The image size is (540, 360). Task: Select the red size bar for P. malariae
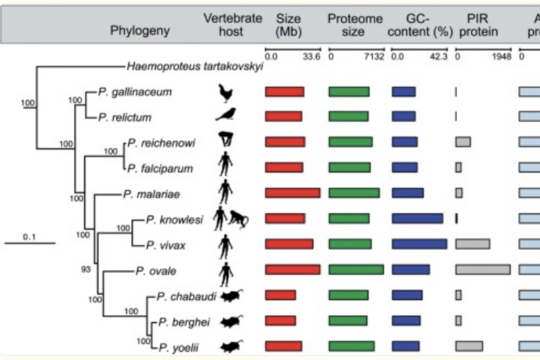coord(292,192)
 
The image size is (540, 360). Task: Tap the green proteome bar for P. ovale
coord(353,269)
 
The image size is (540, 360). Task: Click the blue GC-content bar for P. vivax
coord(419,243)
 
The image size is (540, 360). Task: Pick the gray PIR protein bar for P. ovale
coord(482,269)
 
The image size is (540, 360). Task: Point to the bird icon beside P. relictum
coord(227,117)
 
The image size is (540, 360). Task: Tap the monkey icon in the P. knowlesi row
coord(241,218)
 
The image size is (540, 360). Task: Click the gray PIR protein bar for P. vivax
coord(472,243)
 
